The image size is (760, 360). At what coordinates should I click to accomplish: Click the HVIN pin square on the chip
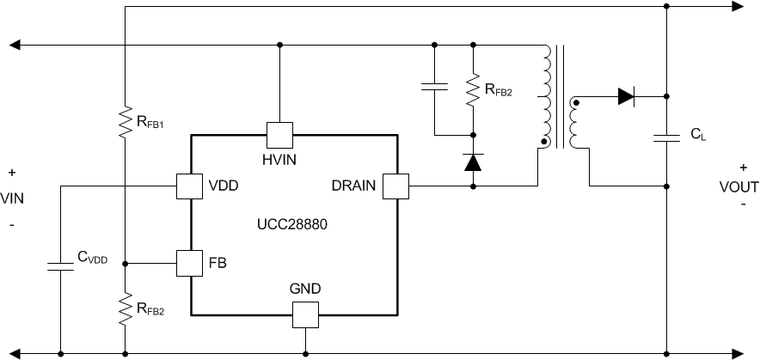(279, 134)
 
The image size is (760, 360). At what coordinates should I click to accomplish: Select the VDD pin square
(189, 185)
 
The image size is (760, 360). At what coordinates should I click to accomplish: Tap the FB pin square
(189, 263)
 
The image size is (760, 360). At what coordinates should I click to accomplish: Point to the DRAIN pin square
(395, 185)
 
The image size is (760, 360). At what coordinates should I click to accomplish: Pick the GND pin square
(305, 314)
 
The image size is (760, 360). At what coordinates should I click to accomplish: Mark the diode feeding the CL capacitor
(627, 96)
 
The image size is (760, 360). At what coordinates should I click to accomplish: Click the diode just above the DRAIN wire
(473, 162)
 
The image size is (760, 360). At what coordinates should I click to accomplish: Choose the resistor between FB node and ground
(126, 309)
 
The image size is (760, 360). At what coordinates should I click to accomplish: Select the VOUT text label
(739, 186)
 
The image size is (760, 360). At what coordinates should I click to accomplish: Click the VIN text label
(12, 198)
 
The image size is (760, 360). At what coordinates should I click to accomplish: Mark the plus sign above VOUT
(743, 168)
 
